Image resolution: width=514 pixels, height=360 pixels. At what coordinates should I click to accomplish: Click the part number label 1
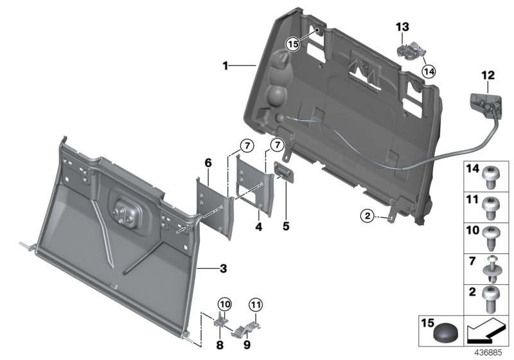(226, 66)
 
